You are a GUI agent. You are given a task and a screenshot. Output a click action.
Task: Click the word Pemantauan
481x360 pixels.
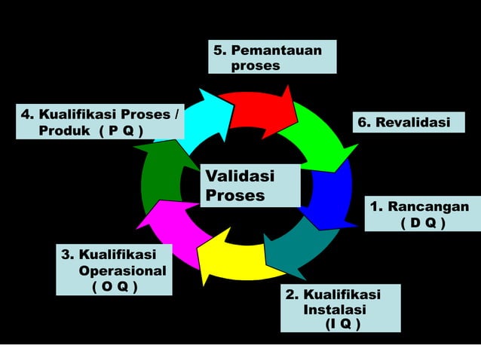276,50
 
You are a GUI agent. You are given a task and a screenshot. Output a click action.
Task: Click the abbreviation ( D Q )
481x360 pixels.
422,224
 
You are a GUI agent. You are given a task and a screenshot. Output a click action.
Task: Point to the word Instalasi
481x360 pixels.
335,310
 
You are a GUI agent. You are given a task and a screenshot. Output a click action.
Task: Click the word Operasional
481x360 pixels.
123,270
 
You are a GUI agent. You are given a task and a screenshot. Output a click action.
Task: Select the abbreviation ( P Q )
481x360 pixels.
121,130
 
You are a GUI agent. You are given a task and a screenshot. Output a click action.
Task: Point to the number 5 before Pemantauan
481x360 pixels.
218,50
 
